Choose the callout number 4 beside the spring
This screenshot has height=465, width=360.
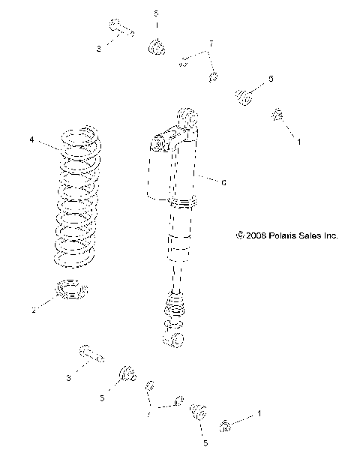coord(31,139)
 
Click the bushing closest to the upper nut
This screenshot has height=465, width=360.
coord(244,96)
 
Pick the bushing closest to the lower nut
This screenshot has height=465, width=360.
coord(199,413)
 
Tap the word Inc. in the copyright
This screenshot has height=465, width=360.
coord(331,235)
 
